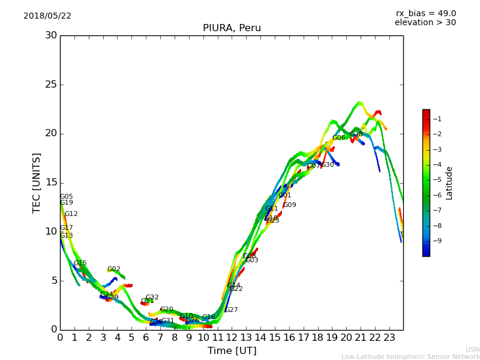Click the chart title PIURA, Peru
tap(232, 28)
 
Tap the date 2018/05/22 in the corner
tap(47, 16)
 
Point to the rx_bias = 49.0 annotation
tap(425, 14)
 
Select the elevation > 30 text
tap(425, 23)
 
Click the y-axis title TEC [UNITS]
tap(37, 182)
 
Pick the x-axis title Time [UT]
tap(232, 351)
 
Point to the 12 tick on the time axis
tap(232, 338)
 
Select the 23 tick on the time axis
tap(389, 338)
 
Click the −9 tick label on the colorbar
tap(437, 241)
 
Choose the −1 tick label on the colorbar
tap(437, 119)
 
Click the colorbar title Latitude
tap(449, 182)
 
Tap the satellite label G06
tap(339, 138)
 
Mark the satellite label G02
tap(114, 269)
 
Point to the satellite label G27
tap(231, 310)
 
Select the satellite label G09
tap(290, 205)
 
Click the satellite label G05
tap(66, 197)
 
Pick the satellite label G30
tap(328, 165)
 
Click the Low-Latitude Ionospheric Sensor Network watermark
tap(410, 357)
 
